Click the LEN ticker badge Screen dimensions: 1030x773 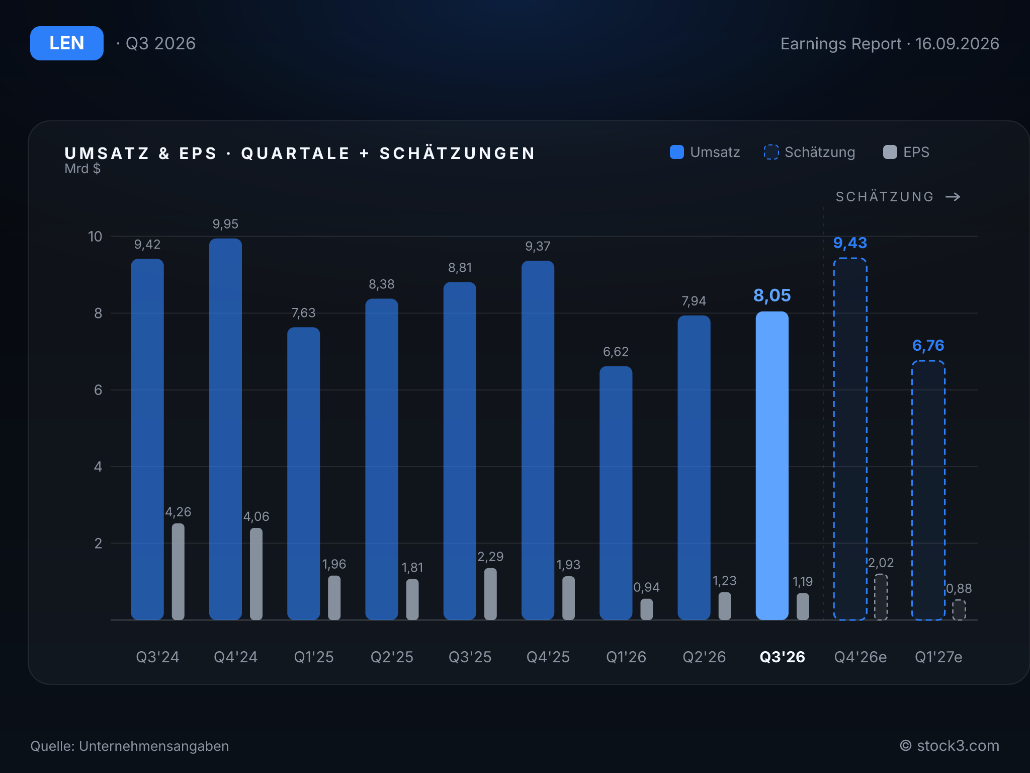pyautogui.click(x=67, y=43)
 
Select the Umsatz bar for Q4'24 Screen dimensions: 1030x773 pyautogui.click(x=225, y=429)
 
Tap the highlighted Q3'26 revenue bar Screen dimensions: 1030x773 pyautogui.click(x=772, y=466)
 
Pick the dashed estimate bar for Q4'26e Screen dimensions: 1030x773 pyautogui.click(x=850, y=439)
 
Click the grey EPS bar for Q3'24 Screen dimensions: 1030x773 pyautogui.click(x=178, y=572)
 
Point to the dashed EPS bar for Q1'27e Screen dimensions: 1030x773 pyautogui.click(x=959, y=610)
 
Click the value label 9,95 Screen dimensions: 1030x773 pyautogui.click(x=225, y=224)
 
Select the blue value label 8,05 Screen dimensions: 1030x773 pyautogui.click(x=772, y=295)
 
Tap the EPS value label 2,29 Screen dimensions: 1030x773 pyautogui.click(x=490, y=557)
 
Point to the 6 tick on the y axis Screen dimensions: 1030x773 pyautogui.click(x=98, y=390)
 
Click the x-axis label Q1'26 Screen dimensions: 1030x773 pyautogui.click(x=626, y=657)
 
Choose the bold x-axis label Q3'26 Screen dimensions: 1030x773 pyautogui.click(x=782, y=657)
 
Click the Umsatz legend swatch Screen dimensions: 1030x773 pyautogui.click(x=677, y=152)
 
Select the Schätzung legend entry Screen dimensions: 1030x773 pyautogui.click(x=809, y=152)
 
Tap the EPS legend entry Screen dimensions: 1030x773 pyautogui.click(x=906, y=152)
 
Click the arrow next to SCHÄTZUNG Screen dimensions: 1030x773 pyautogui.click(x=953, y=197)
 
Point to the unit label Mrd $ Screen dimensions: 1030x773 pyautogui.click(x=82, y=169)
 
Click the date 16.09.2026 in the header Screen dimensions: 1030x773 pyautogui.click(x=957, y=44)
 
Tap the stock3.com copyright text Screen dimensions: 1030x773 pyautogui.click(x=950, y=745)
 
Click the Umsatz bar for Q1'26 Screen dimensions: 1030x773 pyautogui.click(x=616, y=493)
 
